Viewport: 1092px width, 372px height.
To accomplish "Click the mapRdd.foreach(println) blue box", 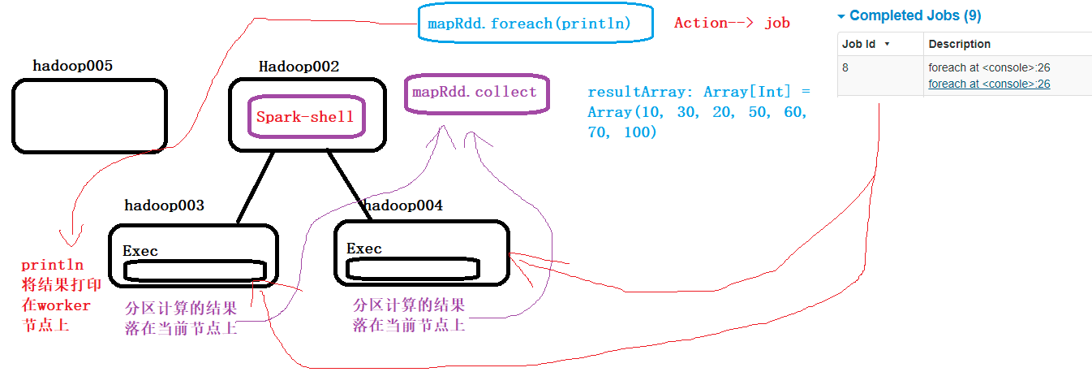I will [535, 24].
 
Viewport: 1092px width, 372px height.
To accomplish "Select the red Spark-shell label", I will [305, 116].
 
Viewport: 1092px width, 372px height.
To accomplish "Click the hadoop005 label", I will [72, 65].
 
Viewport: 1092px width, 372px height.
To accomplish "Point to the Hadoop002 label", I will [298, 67].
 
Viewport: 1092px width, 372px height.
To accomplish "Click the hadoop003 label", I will [164, 205].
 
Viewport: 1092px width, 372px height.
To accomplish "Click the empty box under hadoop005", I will [89, 116].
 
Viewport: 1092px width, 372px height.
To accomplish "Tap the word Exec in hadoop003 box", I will [140, 250].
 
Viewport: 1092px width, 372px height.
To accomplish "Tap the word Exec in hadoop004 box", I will [363, 248].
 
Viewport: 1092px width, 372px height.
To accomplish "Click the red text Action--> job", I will [732, 23].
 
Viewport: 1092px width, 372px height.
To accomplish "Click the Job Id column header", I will [860, 44].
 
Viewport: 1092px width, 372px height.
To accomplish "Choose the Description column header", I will [959, 44].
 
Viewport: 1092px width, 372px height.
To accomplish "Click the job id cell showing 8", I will [845, 67].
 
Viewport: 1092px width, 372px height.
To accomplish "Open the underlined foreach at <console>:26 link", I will [989, 84].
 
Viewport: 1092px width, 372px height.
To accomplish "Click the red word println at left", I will [52, 265].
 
